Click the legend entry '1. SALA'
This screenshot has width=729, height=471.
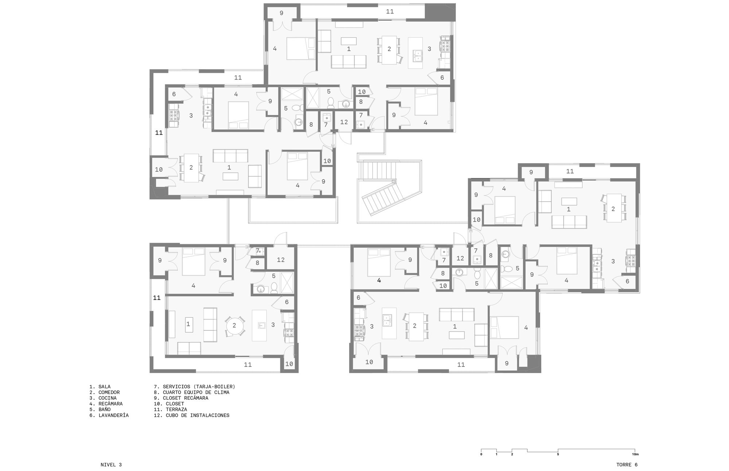click(100, 387)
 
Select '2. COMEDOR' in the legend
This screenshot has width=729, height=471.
click(105, 392)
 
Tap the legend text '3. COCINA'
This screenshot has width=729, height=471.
click(103, 398)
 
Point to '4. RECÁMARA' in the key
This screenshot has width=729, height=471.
click(106, 404)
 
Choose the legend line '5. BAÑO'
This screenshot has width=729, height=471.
click(100, 409)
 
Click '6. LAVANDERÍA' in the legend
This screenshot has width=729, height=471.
click(109, 415)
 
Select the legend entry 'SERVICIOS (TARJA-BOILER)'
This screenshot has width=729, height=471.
click(199, 387)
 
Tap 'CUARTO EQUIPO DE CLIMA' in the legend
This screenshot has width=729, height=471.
click(196, 392)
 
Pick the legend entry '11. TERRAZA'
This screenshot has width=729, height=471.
click(170, 409)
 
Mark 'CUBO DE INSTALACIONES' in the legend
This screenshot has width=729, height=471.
click(198, 415)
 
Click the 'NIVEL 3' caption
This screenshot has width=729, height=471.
click(111, 465)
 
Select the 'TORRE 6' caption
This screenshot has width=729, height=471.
click(627, 465)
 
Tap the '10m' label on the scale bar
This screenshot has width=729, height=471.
click(635, 454)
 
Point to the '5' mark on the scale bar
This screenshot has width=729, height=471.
click(558, 454)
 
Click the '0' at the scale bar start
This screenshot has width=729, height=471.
click(481, 454)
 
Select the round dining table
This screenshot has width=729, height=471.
click(234, 325)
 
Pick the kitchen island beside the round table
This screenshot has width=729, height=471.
click(259, 325)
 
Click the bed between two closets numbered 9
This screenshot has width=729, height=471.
click(194, 261)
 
